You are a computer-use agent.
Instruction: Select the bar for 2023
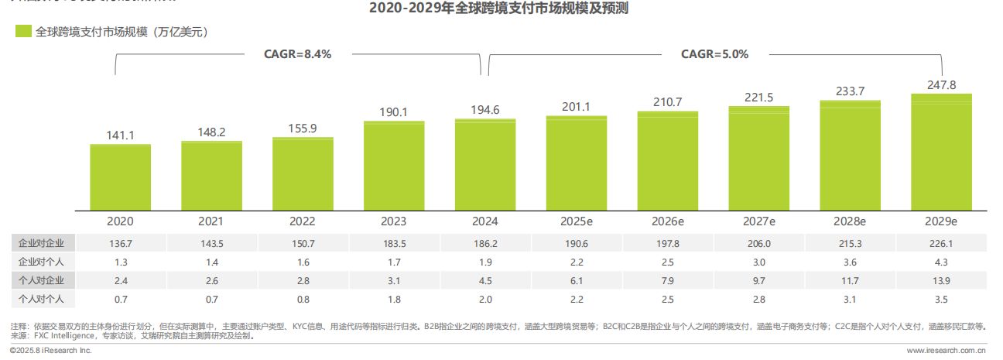coord(394,166)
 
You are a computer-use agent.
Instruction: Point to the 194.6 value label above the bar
coord(485,110)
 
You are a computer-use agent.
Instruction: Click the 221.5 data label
coord(758,97)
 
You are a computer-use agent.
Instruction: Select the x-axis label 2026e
coord(667,221)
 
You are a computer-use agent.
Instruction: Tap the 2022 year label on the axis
coord(303,221)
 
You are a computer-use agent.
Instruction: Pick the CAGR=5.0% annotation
coord(714,54)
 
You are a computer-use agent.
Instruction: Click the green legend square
coord(23,32)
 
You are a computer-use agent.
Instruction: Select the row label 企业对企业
coord(41,243)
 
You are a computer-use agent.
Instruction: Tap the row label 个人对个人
coord(41,299)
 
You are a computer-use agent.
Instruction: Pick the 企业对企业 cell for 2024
coord(485,243)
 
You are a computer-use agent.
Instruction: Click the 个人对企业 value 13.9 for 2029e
coord(941,280)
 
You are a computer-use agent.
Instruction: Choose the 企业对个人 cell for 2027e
coord(758,262)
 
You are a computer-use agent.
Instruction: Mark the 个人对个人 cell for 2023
coord(394,299)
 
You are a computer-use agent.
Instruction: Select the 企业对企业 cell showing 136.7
coord(120,243)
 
